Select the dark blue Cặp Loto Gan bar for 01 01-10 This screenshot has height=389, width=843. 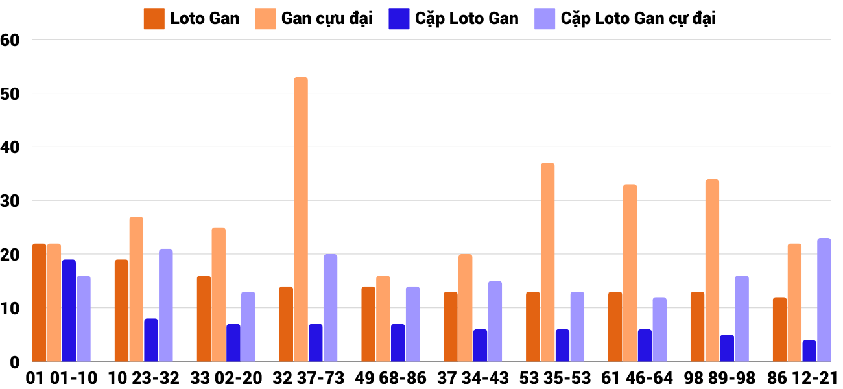(69, 311)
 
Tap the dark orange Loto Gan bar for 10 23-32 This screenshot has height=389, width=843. (121, 311)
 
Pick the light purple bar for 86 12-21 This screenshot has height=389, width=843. (824, 300)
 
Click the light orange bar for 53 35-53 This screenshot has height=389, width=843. (548, 263)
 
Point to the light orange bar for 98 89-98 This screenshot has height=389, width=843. (712, 270)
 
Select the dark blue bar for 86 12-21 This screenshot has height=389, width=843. (809, 351)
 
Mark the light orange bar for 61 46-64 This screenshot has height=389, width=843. (630, 273)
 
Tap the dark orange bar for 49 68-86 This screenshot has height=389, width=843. (368, 324)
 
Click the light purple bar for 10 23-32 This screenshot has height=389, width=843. (166, 305)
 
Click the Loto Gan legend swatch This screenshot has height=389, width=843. (154, 19)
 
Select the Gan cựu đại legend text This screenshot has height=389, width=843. (327, 19)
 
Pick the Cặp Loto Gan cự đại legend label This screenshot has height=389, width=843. (638, 19)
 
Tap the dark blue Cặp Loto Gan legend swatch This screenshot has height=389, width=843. (399, 19)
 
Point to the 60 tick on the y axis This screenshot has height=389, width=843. (11, 40)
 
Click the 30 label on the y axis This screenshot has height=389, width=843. (11, 201)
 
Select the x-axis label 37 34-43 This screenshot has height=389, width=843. (474, 377)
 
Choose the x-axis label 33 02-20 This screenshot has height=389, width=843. (227, 377)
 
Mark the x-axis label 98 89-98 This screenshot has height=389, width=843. (720, 377)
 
